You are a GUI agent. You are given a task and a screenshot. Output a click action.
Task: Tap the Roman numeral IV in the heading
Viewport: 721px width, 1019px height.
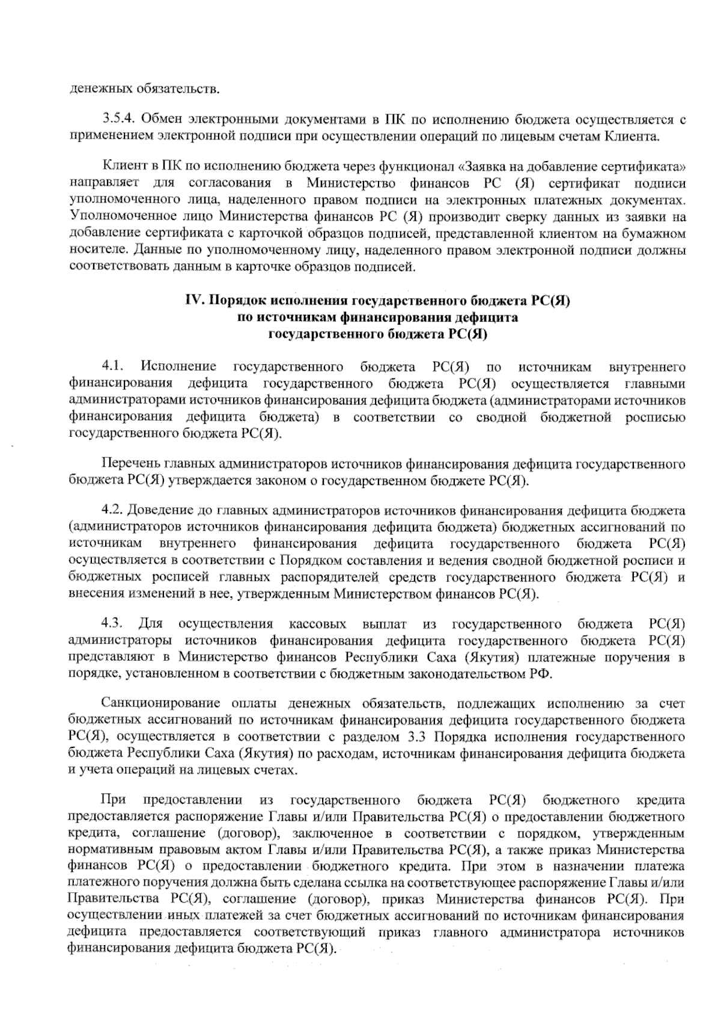192,301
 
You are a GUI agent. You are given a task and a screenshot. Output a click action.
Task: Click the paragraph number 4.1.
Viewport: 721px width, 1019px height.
112,367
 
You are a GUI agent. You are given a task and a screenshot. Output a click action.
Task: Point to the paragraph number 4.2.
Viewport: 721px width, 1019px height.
112,511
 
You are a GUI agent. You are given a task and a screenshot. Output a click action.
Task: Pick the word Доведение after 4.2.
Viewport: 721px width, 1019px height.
161,511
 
